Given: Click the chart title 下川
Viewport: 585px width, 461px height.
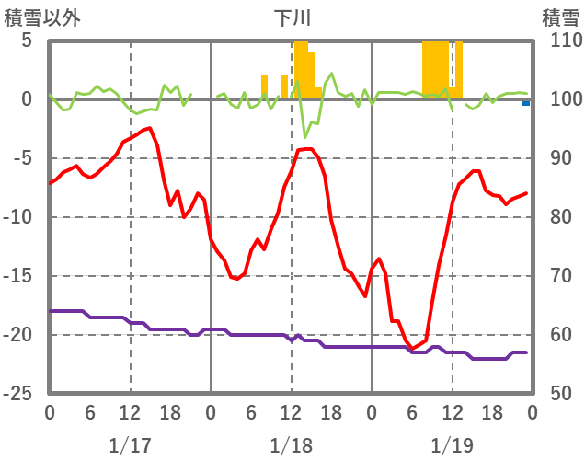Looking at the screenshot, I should tap(292, 17).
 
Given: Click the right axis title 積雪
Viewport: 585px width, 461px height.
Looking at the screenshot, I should tap(560, 17).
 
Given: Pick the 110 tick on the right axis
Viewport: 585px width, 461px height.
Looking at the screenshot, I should tap(560, 41).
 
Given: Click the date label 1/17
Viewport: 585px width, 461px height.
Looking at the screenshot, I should tap(130, 445).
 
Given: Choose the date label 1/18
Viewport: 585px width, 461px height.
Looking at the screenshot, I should tap(291, 445).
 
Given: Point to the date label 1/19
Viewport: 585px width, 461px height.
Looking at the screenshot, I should tap(452, 445).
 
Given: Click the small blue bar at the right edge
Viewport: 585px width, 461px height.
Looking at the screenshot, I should tap(526, 103).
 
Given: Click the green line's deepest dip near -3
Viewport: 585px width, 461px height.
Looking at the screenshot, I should tap(305, 137).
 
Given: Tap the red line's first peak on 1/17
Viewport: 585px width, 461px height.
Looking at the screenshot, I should tap(149, 128).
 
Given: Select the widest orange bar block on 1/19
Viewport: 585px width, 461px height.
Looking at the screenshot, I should tap(435, 70).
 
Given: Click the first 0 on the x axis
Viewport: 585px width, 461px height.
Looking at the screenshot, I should tap(50, 413).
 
